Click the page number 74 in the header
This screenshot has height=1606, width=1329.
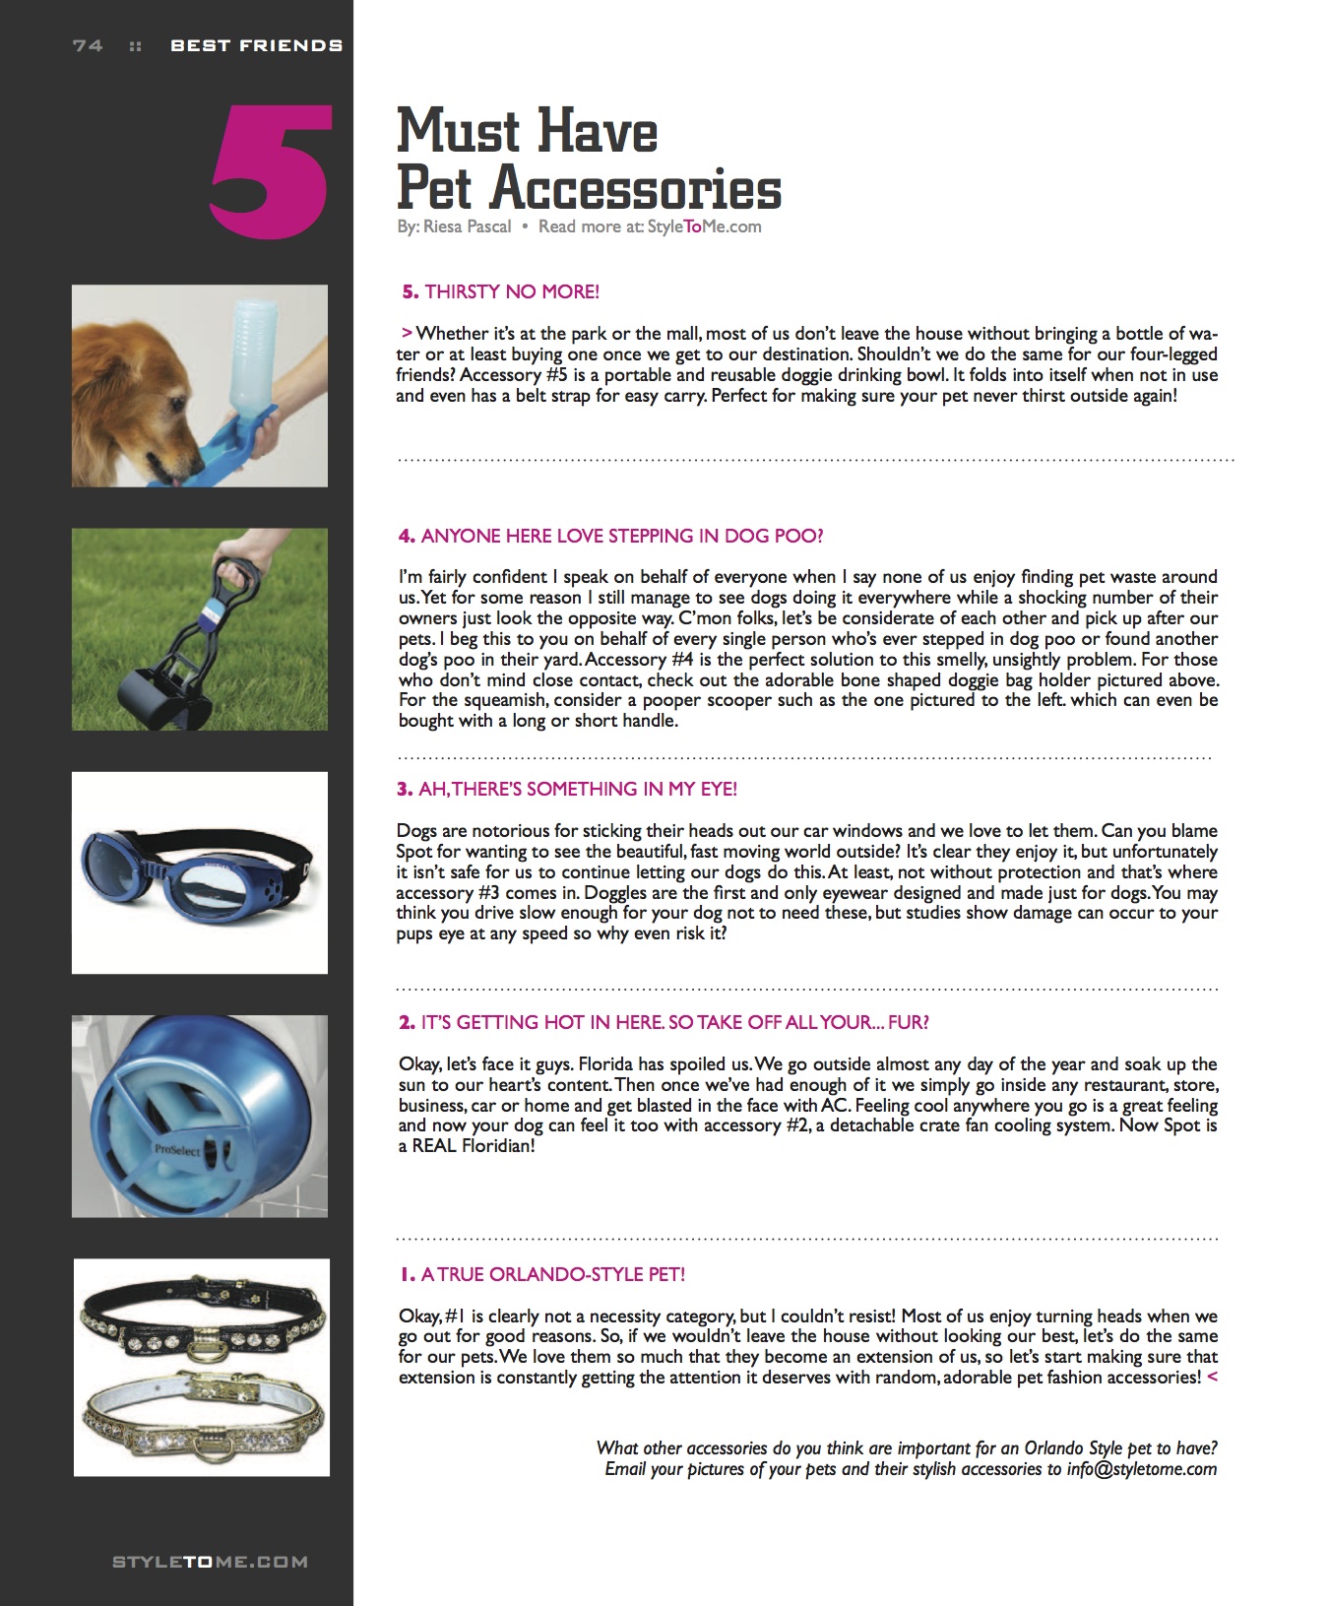88,45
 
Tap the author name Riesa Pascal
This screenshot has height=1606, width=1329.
467,226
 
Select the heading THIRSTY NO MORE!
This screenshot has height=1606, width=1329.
511,291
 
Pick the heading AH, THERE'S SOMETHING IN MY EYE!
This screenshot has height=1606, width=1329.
577,789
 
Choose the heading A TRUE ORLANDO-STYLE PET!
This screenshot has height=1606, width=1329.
552,1274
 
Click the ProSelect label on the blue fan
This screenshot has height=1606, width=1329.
177,1149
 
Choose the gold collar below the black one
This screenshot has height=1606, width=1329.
202,1413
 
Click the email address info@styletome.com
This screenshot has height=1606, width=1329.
1141,1469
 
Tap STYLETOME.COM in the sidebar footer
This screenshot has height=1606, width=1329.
210,1562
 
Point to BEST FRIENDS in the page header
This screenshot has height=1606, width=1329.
256,45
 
